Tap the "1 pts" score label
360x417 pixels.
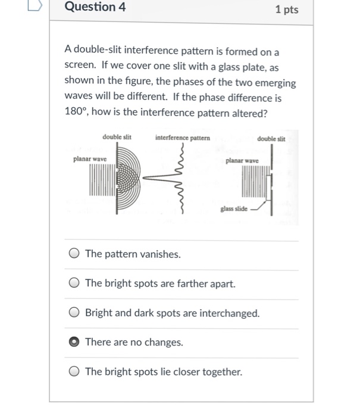pyautogui.click(x=287, y=10)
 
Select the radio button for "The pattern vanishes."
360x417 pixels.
pyautogui.click(x=74, y=254)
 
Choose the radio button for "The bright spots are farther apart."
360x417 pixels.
pyautogui.click(x=74, y=284)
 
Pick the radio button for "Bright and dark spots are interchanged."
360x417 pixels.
pyautogui.click(x=74, y=313)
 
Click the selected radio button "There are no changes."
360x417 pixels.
pyautogui.click(x=74, y=342)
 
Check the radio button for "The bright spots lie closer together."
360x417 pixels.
pyautogui.click(x=74, y=372)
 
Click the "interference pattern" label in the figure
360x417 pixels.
pyautogui.click(x=182, y=138)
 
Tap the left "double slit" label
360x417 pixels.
pyautogui.click(x=117, y=137)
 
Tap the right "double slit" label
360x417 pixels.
pyautogui.click(x=271, y=139)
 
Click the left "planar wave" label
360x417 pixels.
pyautogui.click(x=90, y=159)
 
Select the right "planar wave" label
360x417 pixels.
pyautogui.click(x=242, y=161)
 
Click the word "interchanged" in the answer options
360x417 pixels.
pyautogui.click(x=229, y=313)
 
